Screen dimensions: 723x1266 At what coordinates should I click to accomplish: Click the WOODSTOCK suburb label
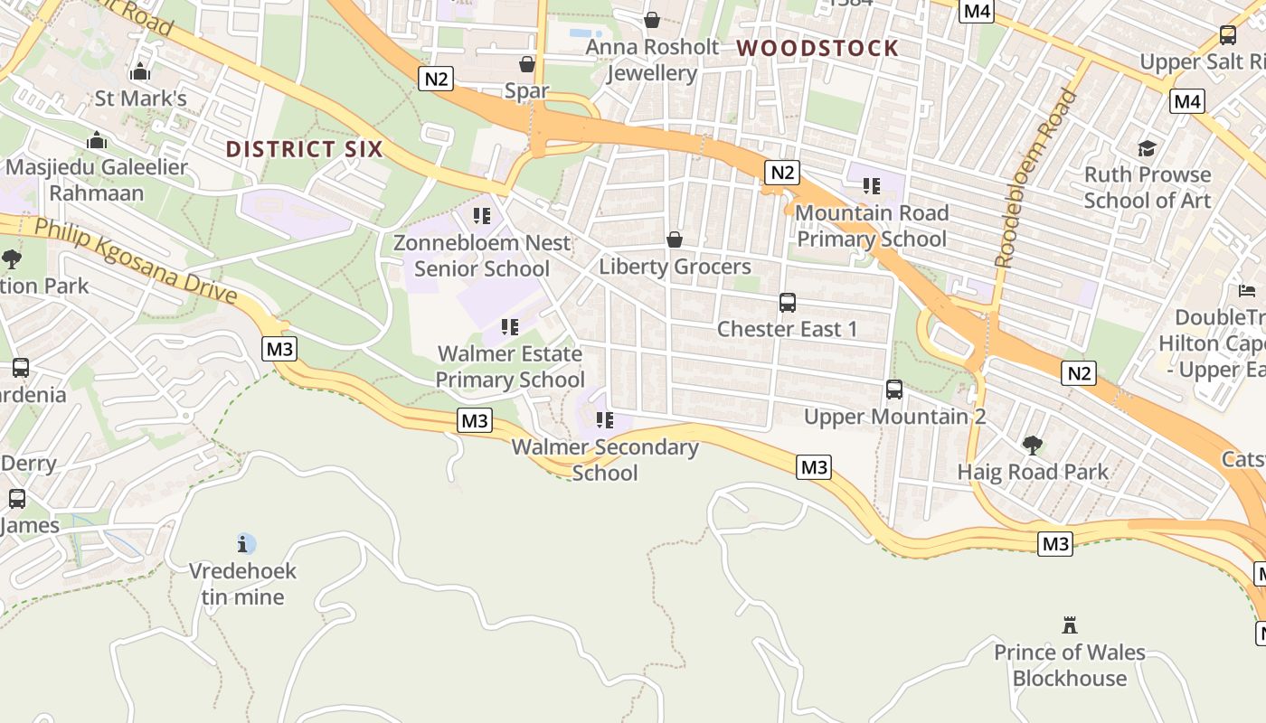(x=817, y=48)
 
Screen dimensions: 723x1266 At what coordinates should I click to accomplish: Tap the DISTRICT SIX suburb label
(x=304, y=149)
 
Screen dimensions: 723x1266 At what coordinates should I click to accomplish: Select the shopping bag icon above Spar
(x=526, y=64)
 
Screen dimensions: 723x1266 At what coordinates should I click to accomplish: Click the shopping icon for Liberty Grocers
(x=674, y=239)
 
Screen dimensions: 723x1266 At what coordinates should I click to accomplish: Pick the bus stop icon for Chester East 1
(x=787, y=303)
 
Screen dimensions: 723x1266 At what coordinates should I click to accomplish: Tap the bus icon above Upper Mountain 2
(x=893, y=390)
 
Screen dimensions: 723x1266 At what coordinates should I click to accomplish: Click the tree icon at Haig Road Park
(x=1032, y=445)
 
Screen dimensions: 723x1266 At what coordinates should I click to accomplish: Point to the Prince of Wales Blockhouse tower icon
(x=1070, y=625)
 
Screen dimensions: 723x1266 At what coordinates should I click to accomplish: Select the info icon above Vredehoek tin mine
(x=242, y=543)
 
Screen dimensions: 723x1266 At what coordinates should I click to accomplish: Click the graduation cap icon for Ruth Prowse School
(x=1147, y=148)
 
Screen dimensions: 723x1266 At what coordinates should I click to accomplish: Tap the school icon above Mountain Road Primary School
(x=871, y=186)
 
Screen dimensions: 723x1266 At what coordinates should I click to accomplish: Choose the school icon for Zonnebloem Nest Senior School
(x=481, y=216)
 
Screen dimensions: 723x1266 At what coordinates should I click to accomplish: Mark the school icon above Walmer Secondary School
(x=604, y=420)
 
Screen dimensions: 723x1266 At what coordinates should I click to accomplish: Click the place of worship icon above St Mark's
(x=140, y=71)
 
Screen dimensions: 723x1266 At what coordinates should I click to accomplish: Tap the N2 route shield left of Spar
(x=436, y=79)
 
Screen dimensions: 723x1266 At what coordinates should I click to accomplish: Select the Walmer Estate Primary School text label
(x=510, y=366)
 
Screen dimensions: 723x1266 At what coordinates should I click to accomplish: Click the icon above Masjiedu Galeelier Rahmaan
(x=97, y=141)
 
